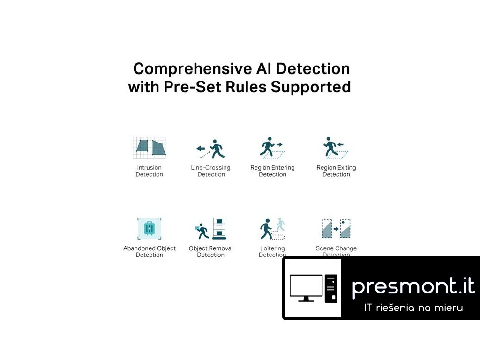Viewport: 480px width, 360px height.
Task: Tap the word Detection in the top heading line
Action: pyautogui.click(x=313, y=69)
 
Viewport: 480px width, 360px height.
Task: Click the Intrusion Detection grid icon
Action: pyautogui.click(x=149, y=147)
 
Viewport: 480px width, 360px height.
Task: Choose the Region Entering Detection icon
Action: pyautogui.click(x=272, y=148)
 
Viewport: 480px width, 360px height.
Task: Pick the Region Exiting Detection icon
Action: pyautogui.click(x=336, y=148)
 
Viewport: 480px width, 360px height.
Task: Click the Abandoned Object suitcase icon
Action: pyautogui.click(x=150, y=228)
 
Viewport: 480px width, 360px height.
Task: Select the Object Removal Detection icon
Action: pyautogui.click(x=211, y=229)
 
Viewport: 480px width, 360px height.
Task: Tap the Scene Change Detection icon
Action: pyautogui.click(x=336, y=229)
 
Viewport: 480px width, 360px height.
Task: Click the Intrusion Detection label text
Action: pyautogui.click(x=150, y=171)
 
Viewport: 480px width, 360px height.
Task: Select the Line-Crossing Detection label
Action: pyautogui.click(x=211, y=171)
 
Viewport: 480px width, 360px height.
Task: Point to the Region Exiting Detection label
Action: pyautogui.click(x=336, y=171)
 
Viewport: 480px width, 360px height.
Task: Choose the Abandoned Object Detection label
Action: pyautogui.click(x=150, y=252)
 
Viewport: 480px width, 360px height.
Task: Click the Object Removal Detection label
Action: pyautogui.click(x=211, y=252)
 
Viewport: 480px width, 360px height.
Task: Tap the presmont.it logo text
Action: pyautogui.click(x=413, y=286)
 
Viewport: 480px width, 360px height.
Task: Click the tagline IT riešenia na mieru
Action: pyautogui.click(x=413, y=308)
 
